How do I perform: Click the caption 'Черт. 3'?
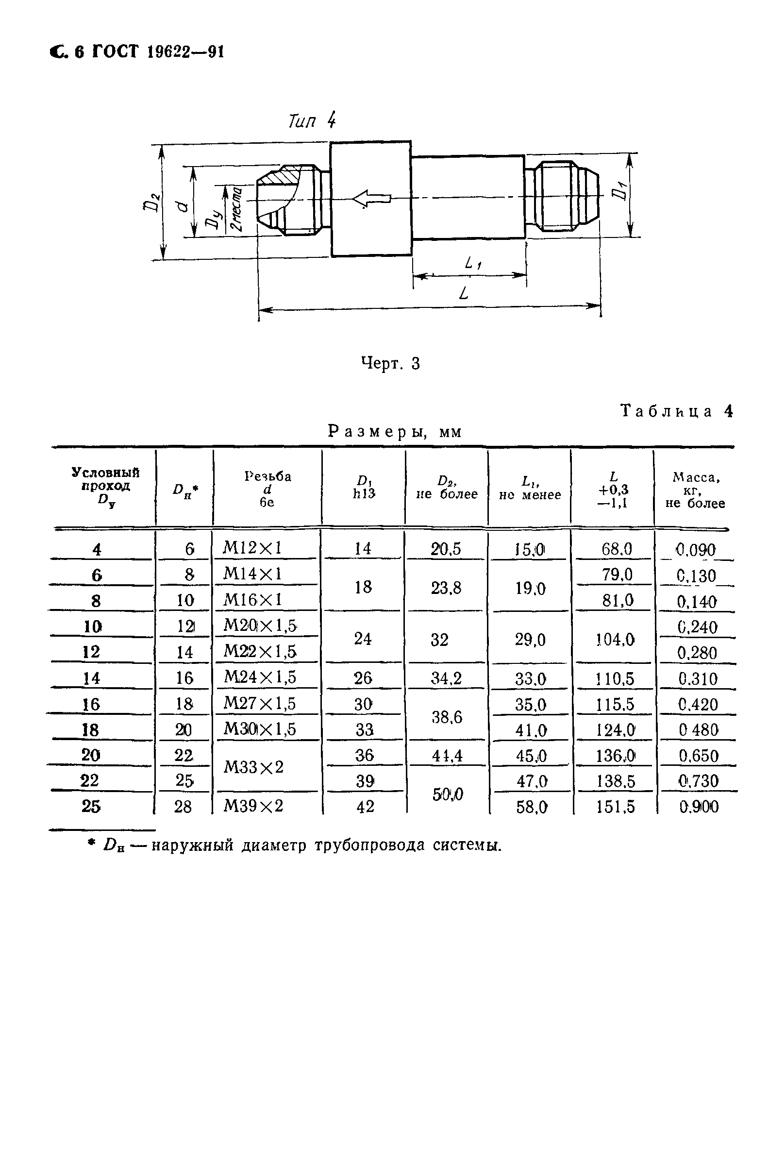(390, 363)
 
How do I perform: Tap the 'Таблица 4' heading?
(677, 410)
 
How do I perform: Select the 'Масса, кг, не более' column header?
(695, 490)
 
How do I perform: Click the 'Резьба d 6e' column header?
(267, 489)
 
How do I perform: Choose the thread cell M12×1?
(252, 548)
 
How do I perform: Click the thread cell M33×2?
(253, 767)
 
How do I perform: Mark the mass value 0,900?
(699, 807)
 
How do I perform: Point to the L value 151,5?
(615, 807)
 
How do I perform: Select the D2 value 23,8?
(446, 588)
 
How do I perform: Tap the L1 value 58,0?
(532, 807)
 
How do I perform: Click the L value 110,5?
(615, 679)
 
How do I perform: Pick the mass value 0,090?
(695, 549)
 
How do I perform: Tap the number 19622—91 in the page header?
(185, 52)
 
